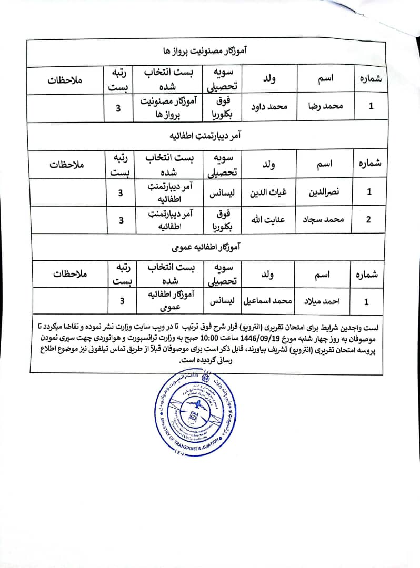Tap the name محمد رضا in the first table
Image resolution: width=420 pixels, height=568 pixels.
(x=325, y=106)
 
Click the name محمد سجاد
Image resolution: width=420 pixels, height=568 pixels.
(x=324, y=219)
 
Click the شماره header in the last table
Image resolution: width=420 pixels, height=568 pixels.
(x=366, y=275)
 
